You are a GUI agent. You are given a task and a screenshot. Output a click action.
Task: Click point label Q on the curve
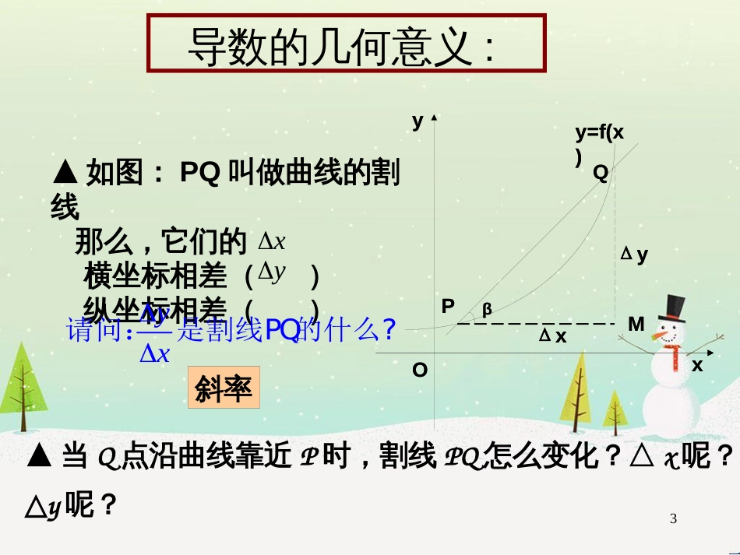[x=600, y=174]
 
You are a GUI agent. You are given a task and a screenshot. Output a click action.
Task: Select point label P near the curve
[x=448, y=306]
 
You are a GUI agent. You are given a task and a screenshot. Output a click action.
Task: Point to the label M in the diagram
[x=636, y=324]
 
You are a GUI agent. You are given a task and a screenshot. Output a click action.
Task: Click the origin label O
[x=419, y=370]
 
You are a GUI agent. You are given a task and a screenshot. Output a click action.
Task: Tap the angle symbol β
[x=488, y=309]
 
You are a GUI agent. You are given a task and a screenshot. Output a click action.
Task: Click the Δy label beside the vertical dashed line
[x=634, y=254]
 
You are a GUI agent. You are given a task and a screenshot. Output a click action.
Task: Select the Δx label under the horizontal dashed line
[x=552, y=336]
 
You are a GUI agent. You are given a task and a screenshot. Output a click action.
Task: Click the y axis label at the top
[x=418, y=121]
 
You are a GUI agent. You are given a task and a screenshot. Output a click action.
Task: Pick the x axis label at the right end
[x=697, y=364]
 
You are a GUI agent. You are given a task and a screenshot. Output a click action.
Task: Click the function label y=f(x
[x=599, y=132]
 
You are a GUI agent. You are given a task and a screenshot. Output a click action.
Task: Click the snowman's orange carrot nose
[x=661, y=335]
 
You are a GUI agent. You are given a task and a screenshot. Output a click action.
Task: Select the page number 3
[x=674, y=519]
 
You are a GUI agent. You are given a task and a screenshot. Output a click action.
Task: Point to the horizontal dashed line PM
[x=537, y=323]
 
